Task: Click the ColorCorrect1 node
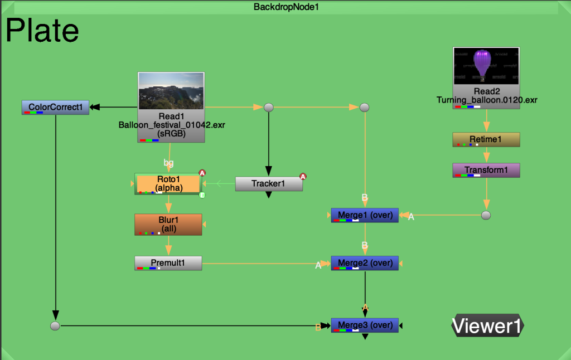coord(55,108)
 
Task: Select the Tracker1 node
coord(269,184)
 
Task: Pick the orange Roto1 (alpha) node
coord(168,184)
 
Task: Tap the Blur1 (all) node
coord(168,225)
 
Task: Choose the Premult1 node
coord(168,263)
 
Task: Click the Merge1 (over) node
coord(365,216)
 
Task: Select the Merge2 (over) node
coord(365,263)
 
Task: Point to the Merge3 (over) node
coord(365,325)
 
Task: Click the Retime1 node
coord(486,140)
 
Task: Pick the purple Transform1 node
coord(486,171)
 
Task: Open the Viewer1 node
coord(487,325)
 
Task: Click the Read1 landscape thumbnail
coord(171,91)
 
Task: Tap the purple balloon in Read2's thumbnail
coord(482,63)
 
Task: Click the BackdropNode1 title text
coord(286,7)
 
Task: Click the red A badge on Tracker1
coord(303,177)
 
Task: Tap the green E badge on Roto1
coord(202,195)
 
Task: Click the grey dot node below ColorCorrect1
coord(55,326)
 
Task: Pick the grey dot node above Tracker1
coord(269,108)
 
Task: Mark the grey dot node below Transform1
coord(486,215)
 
